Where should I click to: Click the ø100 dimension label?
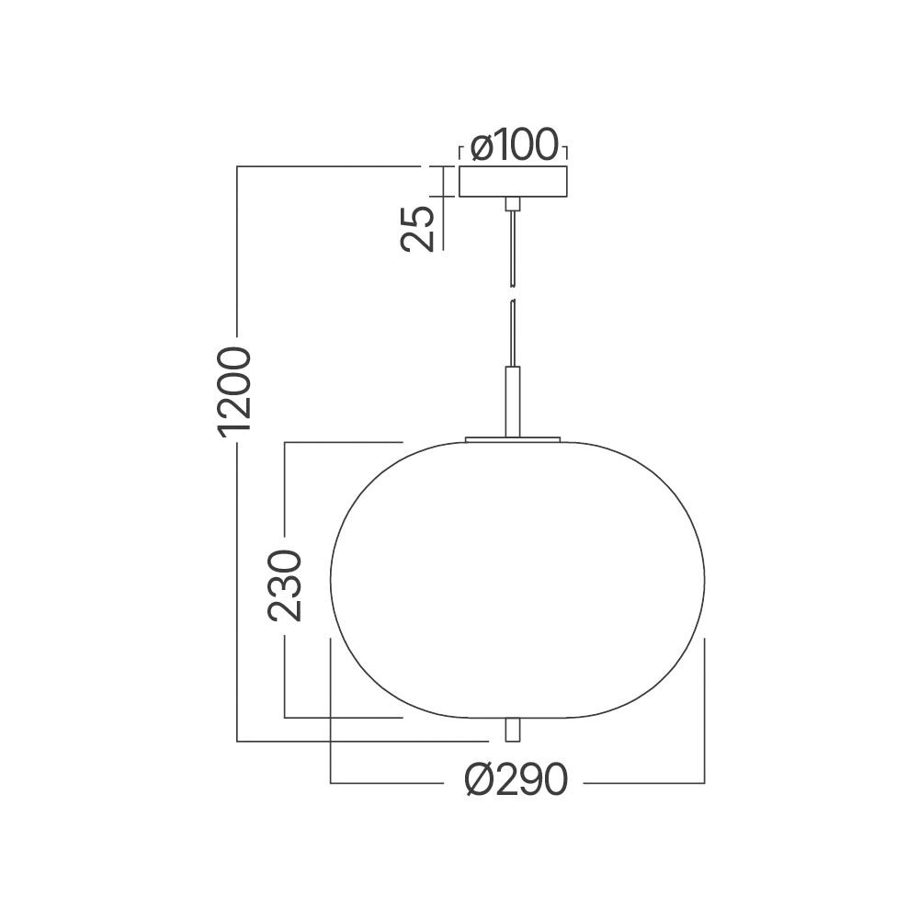pyautogui.click(x=513, y=145)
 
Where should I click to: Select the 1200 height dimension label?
pyautogui.click(x=235, y=390)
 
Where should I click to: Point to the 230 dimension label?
pyautogui.click(x=284, y=584)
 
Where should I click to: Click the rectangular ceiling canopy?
pyautogui.click(x=513, y=181)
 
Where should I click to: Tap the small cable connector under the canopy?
pyautogui.click(x=513, y=203)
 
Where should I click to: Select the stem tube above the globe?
pyautogui.click(x=513, y=401)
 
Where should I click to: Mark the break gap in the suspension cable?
pyautogui.click(x=513, y=293)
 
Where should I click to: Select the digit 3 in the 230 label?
pyautogui.click(x=284, y=584)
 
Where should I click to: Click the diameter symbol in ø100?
pyautogui.click(x=480, y=146)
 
